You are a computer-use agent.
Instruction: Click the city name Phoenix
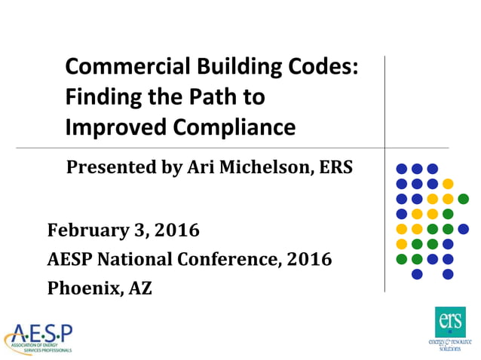coord(81,288)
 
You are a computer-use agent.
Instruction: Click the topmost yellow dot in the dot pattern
coord(448,184)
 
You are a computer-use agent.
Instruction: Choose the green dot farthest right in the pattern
coord(463,199)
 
